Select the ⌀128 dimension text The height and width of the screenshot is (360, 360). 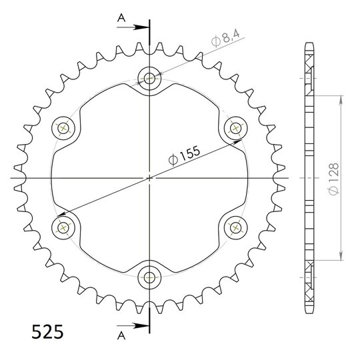point(333,179)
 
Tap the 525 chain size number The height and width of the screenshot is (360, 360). point(47,332)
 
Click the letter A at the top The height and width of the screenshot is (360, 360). point(121,18)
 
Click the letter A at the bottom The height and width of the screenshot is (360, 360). point(121,336)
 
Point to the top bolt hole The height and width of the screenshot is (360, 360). point(149,78)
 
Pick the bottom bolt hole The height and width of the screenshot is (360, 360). point(149,277)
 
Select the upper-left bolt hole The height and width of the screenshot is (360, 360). point(63,128)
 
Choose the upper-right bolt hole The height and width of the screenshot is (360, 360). point(235,128)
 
